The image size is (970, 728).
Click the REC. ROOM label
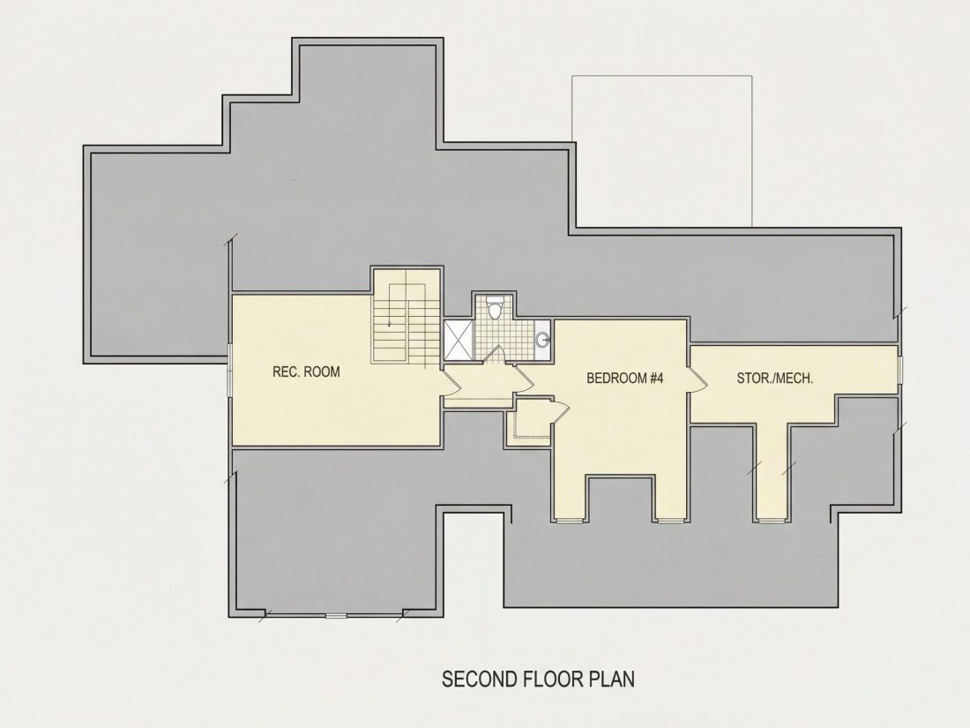(306, 372)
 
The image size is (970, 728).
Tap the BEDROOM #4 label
(625, 378)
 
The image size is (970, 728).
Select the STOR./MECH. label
(775, 378)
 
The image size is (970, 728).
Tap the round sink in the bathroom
(542, 339)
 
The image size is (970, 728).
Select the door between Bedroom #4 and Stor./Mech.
(698, 378)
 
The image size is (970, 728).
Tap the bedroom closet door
(558, 410)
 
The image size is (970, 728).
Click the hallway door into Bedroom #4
(525, 377)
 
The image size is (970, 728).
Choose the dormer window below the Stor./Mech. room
(771, 520)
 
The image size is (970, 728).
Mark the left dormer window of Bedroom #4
(570, 520)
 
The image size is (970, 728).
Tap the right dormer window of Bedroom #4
(670, 520)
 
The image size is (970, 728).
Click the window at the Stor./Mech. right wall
(900, 370)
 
